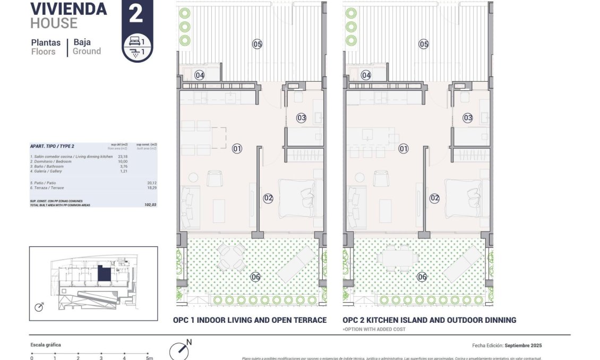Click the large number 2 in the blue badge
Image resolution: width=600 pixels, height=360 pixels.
pyautogui.click(x=136, y=14)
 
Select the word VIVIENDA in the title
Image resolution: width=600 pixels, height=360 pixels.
pyautogui.click(x=68, y=8)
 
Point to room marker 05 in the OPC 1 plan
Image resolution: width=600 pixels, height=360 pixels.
pyautogui.click(x=257, y=44)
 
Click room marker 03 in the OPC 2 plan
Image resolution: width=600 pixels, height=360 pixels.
pyautogui.click(x=467, y=118)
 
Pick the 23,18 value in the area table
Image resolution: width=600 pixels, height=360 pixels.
pyautogui.click(x=123, y=157)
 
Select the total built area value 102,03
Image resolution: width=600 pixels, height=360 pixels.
pyautogui.click(x=151, y=204)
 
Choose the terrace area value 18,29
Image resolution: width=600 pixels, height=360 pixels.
pyautogui.click(x=152, y=188)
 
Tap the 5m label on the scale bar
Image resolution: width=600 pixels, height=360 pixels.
pyautogui.click(x=149, y=358)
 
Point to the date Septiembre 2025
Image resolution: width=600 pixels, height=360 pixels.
pyautogui.click(x=523, y=346)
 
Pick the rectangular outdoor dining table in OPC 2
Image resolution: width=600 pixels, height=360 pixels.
pyautogui.click(x=398, y=258)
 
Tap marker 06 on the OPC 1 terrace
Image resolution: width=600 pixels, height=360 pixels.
pyautogui.click(x=255, y=277)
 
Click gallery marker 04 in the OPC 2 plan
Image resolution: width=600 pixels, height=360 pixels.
pyautogui.click(x=366, y=75)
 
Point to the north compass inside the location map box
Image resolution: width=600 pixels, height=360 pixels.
pyautogui.click(x=39, y=307)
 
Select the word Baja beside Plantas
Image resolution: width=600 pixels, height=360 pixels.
pyautogui.click(x=82, y=42)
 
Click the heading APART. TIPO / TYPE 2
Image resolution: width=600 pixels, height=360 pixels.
pyautogui.click(x=52, y=145)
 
